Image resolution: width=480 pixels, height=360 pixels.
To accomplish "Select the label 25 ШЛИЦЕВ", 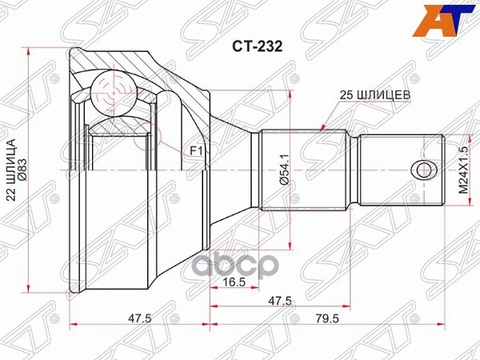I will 374,94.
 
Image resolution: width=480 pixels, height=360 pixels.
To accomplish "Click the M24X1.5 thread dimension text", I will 462,169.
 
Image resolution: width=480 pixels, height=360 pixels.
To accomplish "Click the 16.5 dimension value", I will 234,282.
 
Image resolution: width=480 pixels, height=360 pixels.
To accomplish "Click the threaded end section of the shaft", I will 400,170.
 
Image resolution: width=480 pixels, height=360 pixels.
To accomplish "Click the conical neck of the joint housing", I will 228,170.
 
